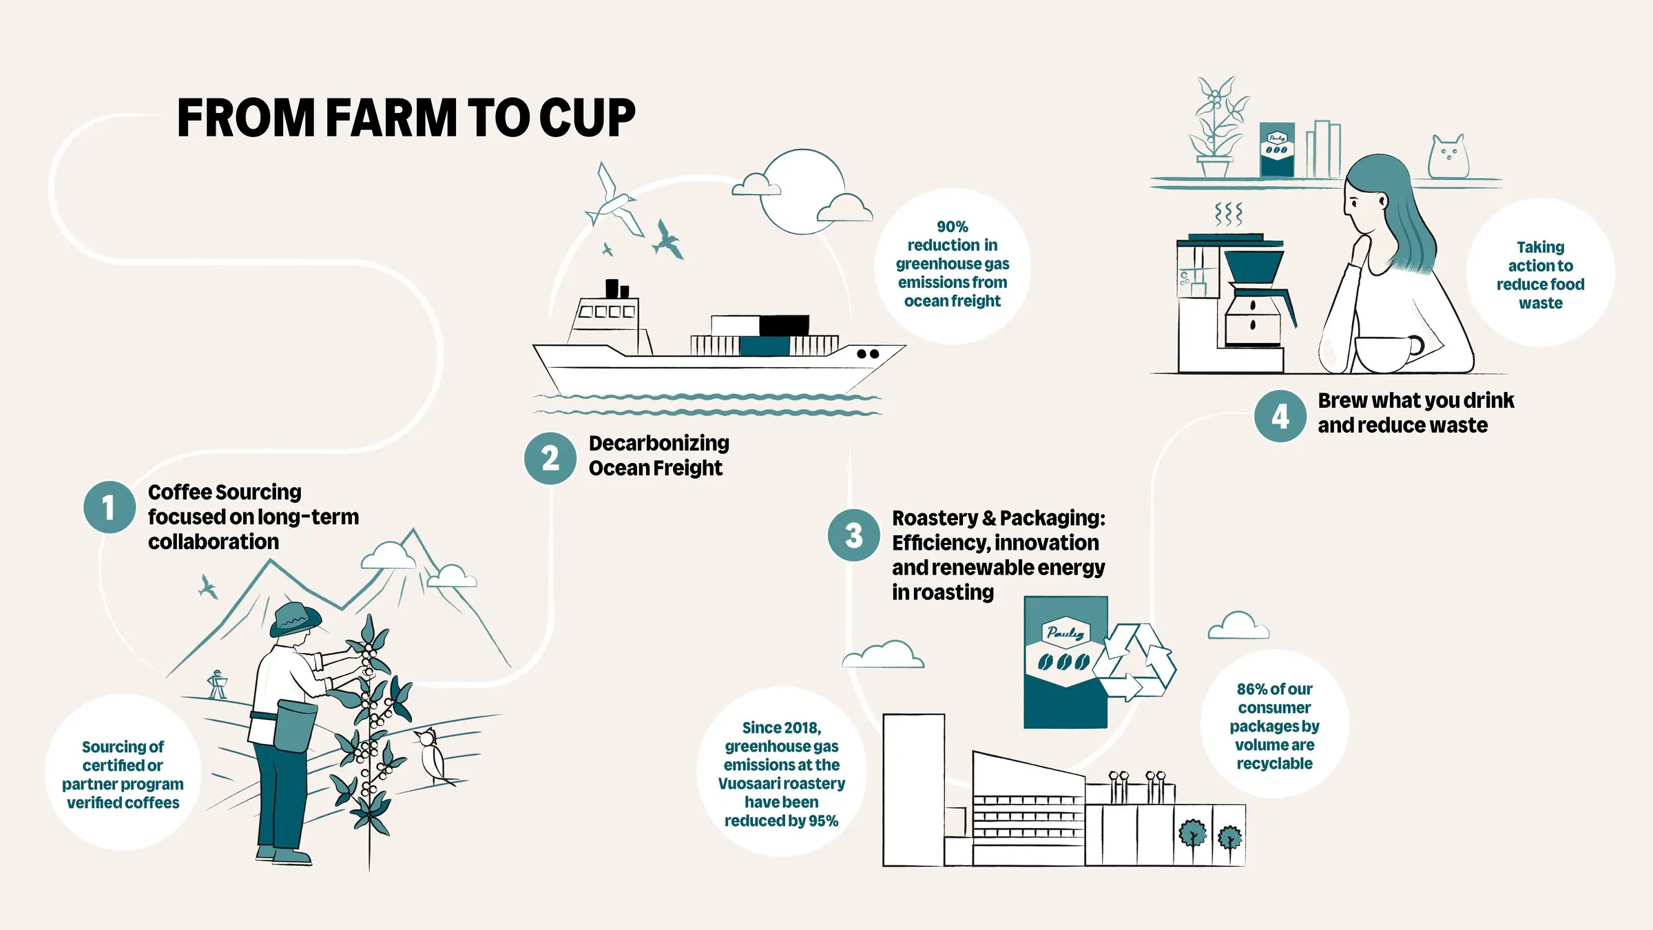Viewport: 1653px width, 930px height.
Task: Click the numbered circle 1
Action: point(109,508)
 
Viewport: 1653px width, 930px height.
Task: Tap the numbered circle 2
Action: point(550,458)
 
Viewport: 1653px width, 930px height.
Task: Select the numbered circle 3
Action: point(853,535)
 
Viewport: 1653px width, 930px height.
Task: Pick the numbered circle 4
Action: point(1280,416)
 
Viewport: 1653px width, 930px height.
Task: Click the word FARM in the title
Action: point(391,118)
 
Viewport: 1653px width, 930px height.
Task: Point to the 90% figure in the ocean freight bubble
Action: point(952,227)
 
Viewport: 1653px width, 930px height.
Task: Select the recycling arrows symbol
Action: point(1135,662)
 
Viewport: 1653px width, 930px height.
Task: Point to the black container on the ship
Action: point(784,325)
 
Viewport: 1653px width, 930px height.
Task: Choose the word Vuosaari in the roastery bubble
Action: point(747,783)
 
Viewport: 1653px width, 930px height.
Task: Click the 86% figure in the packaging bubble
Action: point(1250,689)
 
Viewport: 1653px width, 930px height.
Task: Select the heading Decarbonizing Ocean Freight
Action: point(658,455)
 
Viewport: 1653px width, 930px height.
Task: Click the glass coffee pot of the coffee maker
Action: point(1254,320)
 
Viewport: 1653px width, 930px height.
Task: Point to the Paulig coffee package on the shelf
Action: point(1276,149)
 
